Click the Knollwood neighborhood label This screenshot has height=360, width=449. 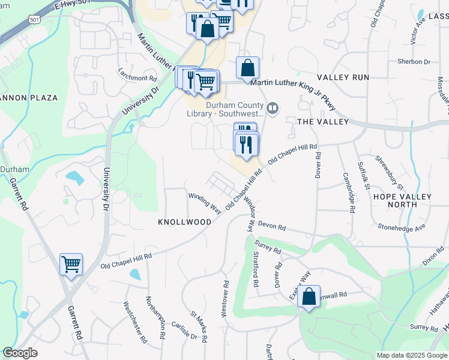coord(184,222)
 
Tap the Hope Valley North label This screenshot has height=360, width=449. coord(402,200)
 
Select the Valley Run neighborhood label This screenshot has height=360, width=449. coord(343,78)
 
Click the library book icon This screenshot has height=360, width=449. coord(273,108)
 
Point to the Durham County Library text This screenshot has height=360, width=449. coord(235,108)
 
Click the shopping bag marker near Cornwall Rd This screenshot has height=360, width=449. coord(309,297)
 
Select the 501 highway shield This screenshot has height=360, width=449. coord(35,20)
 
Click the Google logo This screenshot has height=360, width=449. coord(20,353)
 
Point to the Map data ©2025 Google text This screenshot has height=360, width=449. coord(411,355)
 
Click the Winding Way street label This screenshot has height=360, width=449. coord(205,203)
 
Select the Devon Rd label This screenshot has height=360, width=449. coord(273,228)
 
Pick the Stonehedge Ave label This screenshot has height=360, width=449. coord(401,227)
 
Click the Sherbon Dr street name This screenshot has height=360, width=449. coord(414,62)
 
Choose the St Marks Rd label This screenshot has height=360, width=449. coord(199,326)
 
